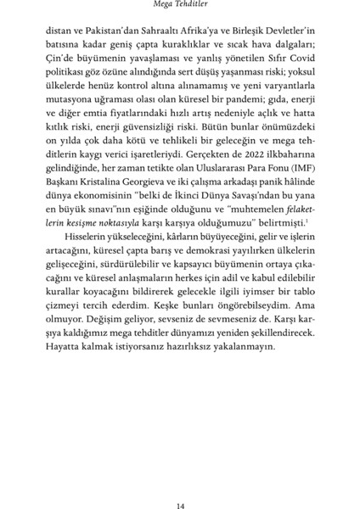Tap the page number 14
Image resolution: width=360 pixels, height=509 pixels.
tap(180, 482)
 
